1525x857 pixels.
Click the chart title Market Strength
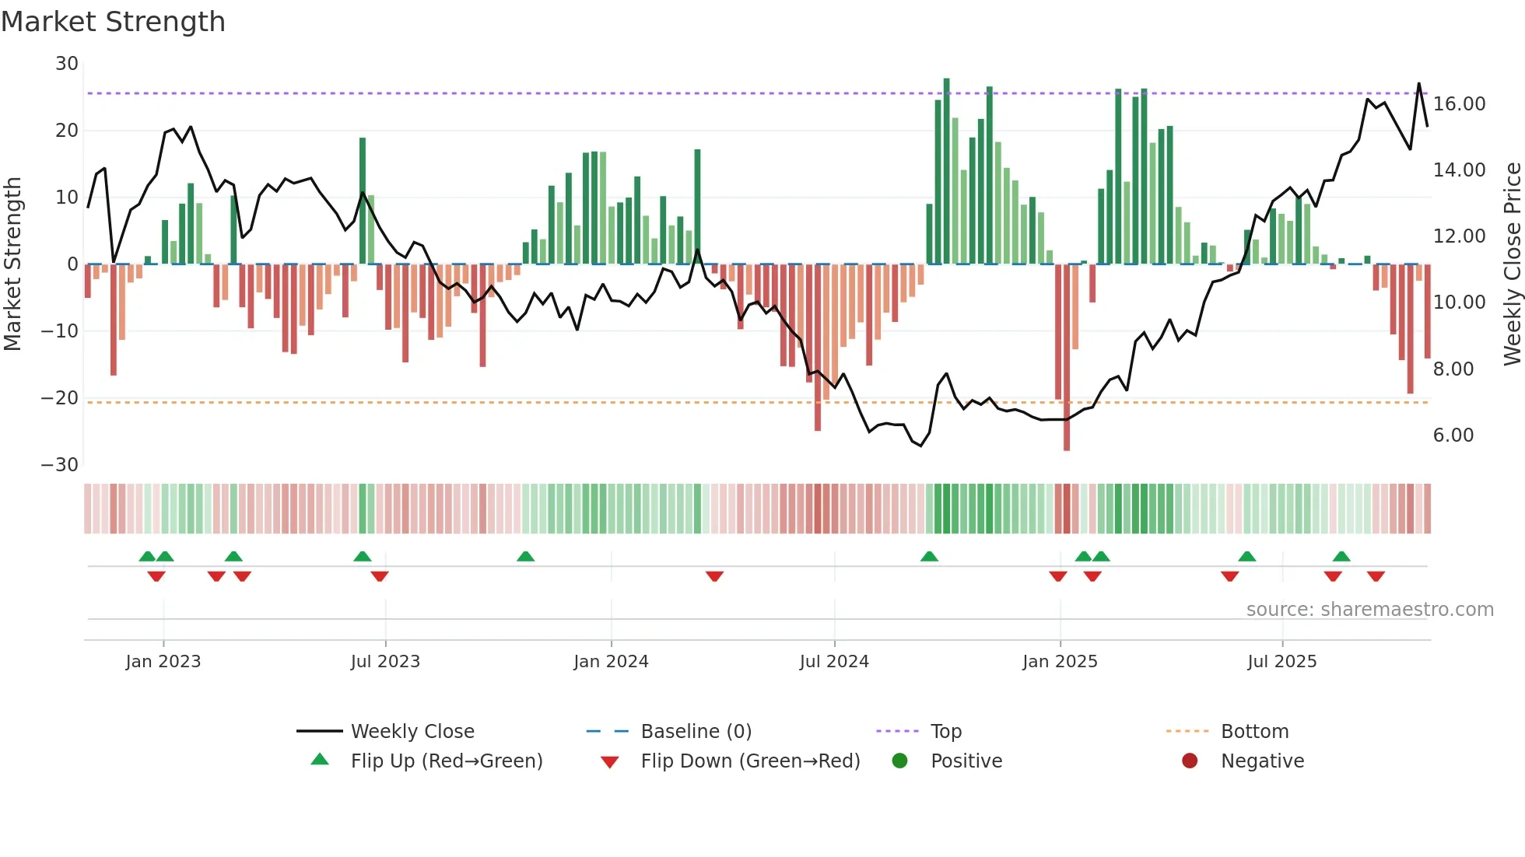[114, 22]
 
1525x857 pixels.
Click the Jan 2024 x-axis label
[611, 662]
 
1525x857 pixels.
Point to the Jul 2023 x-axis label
[385, 662]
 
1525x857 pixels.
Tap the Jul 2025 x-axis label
[1281, 662]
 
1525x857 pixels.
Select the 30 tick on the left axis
[67, 64]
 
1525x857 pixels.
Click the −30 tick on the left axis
[60, 465]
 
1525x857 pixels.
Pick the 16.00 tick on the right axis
[1459, 104]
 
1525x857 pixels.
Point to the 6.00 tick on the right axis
[1453, 435]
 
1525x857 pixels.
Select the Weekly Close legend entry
[412, 732]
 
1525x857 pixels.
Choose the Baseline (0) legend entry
[696, 732]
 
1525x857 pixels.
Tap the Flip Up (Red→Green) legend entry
[446, 761]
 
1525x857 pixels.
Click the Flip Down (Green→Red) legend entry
[750, 761]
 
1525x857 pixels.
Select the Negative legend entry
[1261, 761]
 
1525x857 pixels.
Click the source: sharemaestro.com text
[1369, 610]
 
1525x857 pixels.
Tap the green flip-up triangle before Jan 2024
[525, 556]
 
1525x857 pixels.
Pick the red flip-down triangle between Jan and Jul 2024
[714, 576]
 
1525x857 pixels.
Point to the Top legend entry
[945, 732]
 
